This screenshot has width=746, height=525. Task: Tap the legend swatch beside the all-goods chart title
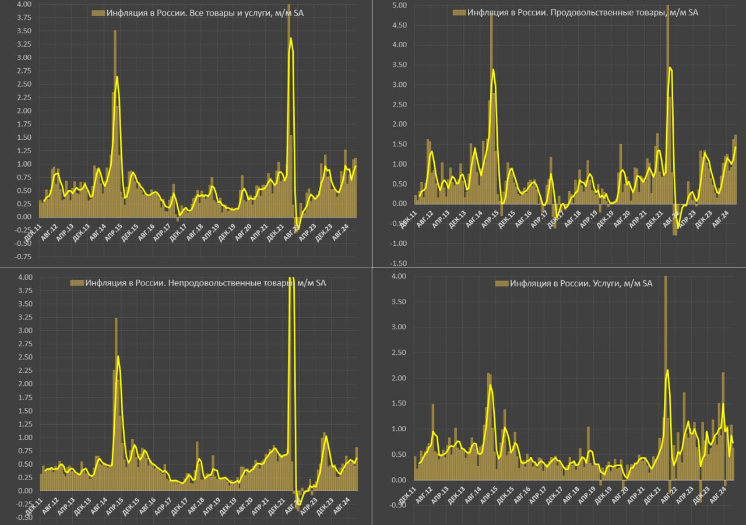pyautogui.click(x=98, y=13)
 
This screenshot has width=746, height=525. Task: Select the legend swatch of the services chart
pyautogui.click(x=501, y=283)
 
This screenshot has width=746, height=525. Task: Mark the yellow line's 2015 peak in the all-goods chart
pyautogui.click(x=117, y=76)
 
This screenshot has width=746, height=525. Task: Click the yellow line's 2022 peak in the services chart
pyautogui.click(x=667, y=369)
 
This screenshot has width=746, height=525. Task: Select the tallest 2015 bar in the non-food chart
pyautogui.click(x=116, y=318)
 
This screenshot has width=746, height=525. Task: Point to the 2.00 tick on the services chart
pyautogui.click(x=397, y=378)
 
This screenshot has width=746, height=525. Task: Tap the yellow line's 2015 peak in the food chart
pyautogui.click(x=494, y=69)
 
